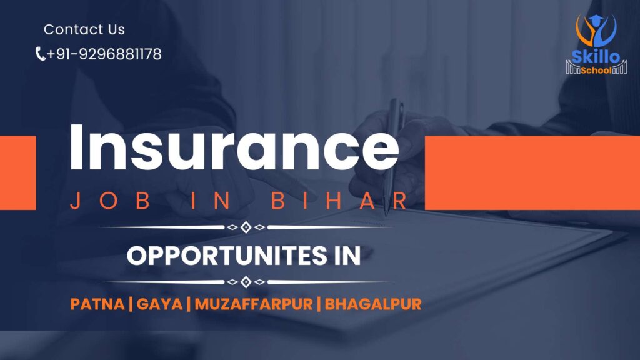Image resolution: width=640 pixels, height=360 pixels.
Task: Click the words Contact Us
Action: (x=84, y=29)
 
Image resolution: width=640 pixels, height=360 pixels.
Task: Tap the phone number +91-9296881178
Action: (x=104, y=54)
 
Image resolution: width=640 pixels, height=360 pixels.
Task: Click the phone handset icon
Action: (x=40, y=54)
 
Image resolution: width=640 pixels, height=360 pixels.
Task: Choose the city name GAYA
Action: (x=159, y=304)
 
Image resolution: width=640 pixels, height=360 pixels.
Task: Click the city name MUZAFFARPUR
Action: (x=252, y=304)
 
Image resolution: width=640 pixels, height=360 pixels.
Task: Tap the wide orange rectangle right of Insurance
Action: (x=532, y=172)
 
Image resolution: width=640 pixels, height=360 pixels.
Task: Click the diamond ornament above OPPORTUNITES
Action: (x=246, y=227)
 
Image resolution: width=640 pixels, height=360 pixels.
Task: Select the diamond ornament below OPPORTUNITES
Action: (x=246, y=282)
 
